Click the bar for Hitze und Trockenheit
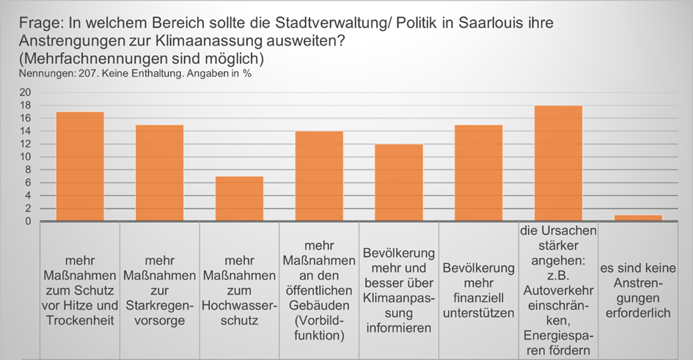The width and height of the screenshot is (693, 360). pyautogui.click(x=79, y=166)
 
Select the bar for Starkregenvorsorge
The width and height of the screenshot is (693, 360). pyautogui.click(x=159, y=173)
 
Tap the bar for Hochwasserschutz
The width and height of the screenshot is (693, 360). pyautogui.click(x=239, y=199)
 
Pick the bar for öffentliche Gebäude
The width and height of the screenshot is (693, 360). pyautogui.click(x=319, y=176)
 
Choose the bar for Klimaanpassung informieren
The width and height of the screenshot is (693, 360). pyautogui.click(x=398, y=183)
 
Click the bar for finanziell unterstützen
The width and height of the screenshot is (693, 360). pyautogui.click(x=478, y=173)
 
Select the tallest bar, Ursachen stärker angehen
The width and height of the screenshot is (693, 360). pyautogui.click(x=558, y=164)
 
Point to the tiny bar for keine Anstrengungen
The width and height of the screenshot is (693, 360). pyautogui.click(x=638, y=218)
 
